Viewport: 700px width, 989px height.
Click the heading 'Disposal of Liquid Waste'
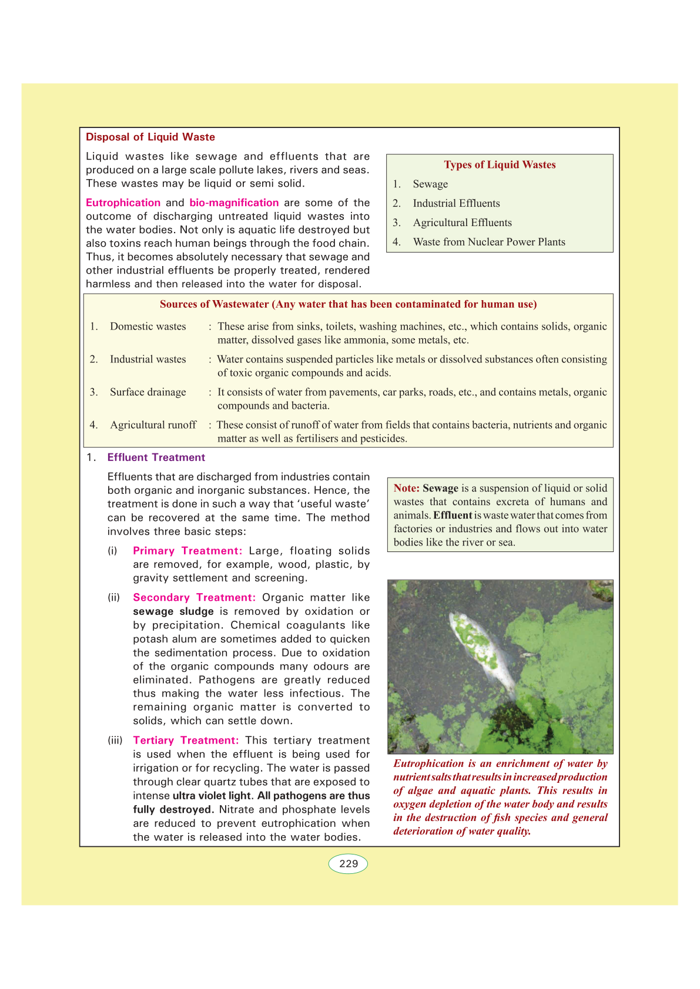tap(150, 137)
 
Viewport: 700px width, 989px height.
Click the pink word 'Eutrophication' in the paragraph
tap(123, 203)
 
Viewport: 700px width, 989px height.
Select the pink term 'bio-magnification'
tap(234, 203)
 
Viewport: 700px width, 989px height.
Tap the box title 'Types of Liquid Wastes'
tap(500, 164)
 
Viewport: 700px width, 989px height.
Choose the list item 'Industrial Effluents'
tap(456, 203)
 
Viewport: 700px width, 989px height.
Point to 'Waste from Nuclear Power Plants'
tap(489, 242)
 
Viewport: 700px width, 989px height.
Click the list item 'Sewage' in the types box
tap(430, 184)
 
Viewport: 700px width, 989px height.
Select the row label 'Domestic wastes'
tap(148, 327)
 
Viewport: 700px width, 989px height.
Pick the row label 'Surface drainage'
tap(148, 392)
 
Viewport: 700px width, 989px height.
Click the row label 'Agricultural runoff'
tap(153, 425)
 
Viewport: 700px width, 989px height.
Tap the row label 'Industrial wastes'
tap(148, 359)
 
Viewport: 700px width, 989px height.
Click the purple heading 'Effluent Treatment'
tap(156, 458)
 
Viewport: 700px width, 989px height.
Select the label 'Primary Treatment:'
tap(187, 551)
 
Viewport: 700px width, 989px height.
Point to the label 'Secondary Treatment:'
tap(194, 597)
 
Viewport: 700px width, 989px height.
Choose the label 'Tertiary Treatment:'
tap(186, 741)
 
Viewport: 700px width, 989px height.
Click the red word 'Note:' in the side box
tap(407, 488)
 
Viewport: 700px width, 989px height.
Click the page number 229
tap(349, 864)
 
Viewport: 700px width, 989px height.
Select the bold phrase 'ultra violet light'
tap(212, 796)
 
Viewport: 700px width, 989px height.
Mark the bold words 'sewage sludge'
tap(173, 611)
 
